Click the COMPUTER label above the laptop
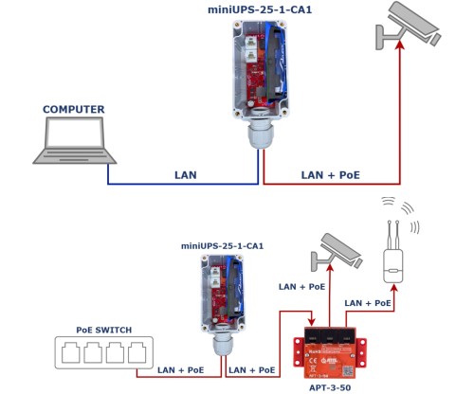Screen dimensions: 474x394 74,109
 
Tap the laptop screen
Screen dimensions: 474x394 74,133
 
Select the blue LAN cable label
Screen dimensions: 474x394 186,175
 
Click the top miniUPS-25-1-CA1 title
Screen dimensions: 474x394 260,9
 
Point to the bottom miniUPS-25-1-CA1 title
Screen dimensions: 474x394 222,246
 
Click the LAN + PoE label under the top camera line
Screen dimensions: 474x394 330,175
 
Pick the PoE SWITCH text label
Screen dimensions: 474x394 104,330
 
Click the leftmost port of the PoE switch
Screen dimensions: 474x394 71,352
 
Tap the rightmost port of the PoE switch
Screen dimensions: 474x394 137,352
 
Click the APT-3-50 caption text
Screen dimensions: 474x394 330,387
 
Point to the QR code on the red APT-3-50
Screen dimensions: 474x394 348,371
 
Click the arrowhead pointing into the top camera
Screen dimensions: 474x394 400,45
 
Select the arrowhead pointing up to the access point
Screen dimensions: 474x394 394,288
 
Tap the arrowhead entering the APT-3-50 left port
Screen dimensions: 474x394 312,322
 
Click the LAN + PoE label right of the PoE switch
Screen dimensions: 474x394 181,370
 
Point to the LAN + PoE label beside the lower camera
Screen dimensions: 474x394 301,287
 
